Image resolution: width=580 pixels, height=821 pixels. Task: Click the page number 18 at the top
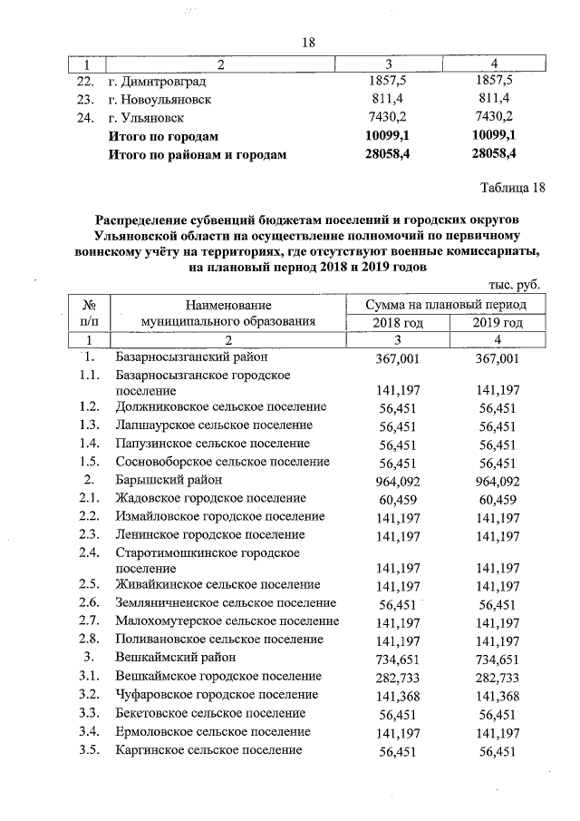pyautogui.click(x=307, y=43)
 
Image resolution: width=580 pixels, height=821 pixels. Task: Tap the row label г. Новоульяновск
pyautogui.click(x=159, y=100)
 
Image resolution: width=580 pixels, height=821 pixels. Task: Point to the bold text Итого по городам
pyautogui.click(x=163, y=136)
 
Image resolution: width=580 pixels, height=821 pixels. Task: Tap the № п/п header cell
pyautogui.click(x=90, y=314)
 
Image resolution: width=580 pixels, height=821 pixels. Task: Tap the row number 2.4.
pyautogui.click(x=88, y=552)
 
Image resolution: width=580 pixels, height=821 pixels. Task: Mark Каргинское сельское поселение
pyautogui.click(x=208, y=750)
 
